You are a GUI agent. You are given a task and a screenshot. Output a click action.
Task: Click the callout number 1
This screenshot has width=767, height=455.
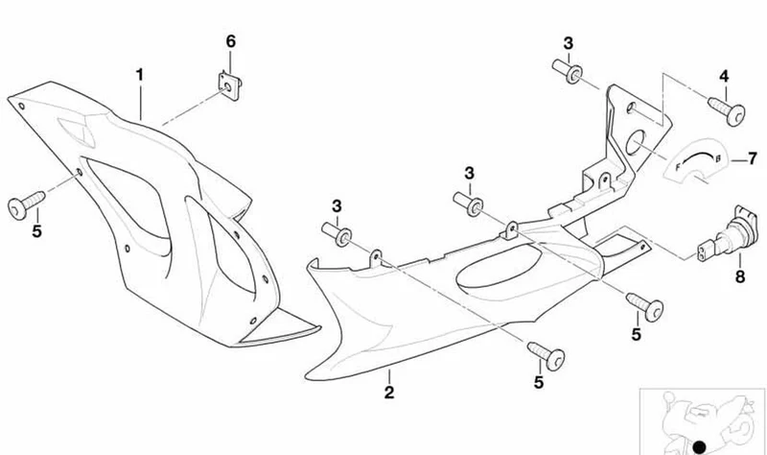point(140,75)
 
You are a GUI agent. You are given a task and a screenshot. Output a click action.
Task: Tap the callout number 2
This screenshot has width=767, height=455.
point(389,392)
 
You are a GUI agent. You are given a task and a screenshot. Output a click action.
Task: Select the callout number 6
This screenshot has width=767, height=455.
point(230,41)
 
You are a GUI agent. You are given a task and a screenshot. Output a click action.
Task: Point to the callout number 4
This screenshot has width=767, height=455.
point(724,76)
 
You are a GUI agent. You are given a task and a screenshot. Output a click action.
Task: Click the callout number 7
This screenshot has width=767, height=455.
point(752,158)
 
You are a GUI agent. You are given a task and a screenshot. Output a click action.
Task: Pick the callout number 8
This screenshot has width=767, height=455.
point(739,276)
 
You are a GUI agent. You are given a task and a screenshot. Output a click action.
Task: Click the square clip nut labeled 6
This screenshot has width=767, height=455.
point(229,85)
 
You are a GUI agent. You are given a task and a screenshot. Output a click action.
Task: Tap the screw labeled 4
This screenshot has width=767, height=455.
point(727,111)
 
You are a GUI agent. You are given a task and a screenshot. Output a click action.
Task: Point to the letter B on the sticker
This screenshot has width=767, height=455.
point(717,158)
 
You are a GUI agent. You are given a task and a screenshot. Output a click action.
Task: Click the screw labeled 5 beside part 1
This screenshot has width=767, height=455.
point(27,204)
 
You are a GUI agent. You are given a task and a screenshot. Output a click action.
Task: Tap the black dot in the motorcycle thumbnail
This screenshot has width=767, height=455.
point(700,446)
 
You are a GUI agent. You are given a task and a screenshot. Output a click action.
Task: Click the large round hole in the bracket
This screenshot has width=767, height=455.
point(636,142)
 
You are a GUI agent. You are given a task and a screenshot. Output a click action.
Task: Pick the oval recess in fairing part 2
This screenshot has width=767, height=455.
point(499,268)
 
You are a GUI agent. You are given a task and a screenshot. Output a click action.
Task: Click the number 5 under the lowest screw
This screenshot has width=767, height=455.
point(539,382)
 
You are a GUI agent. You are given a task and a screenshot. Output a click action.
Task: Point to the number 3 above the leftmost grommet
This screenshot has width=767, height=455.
point(337,206)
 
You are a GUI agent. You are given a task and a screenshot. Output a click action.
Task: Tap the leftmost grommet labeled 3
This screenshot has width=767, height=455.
point(337,233)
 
